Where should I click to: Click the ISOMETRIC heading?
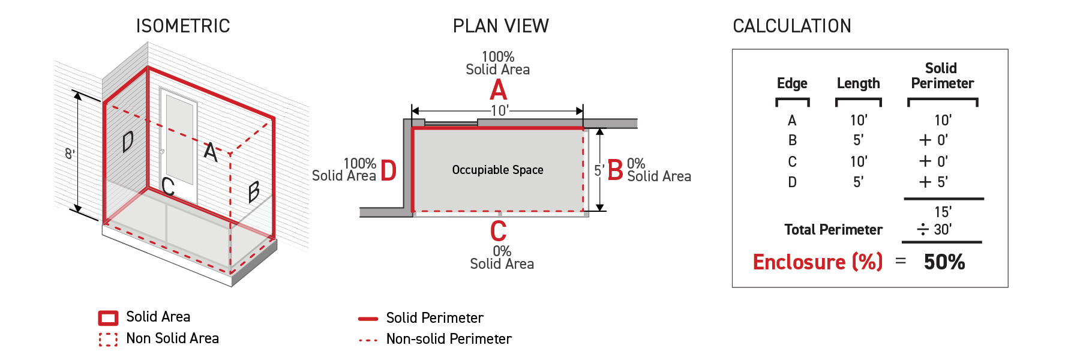click(183, 26)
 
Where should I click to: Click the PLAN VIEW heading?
click(501, 26)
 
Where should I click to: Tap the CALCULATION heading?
click(792, 26)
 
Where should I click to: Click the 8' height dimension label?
click(70, 154)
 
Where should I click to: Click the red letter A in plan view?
click(499, 90)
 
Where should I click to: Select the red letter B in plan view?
click(616, 170)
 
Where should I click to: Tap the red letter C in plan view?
click(499, 231)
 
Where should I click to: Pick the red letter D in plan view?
click(389, 170)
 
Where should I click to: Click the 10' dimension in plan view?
click(500, 110)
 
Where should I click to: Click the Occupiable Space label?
click(498, 170)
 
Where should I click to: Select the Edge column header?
click(792, 83)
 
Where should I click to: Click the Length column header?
click(859, 83)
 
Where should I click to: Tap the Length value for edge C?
click(859, 161)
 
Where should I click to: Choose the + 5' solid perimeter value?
click(934, 182)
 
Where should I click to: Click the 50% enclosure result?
click(944, 262)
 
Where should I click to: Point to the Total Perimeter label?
click(833, 230)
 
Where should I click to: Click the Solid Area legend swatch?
click(108, 318)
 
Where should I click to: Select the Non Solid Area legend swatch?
click(108, 340)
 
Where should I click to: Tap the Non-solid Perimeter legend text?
click(449, 339)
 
